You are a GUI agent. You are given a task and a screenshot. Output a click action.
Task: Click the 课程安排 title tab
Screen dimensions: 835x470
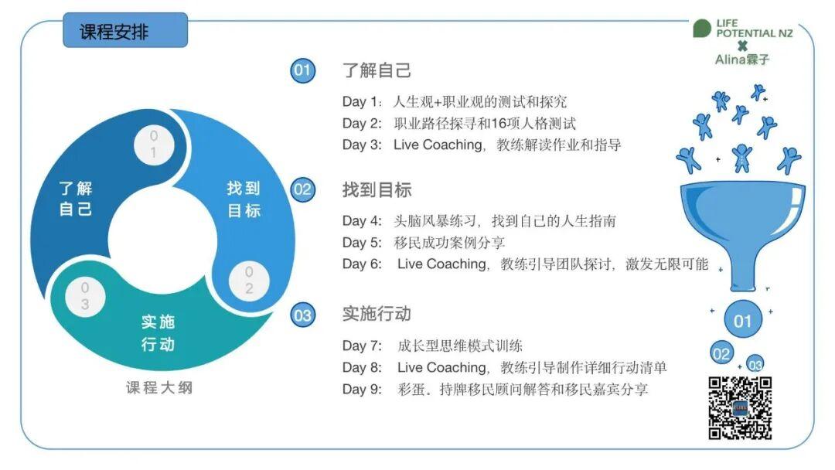pos(125,30)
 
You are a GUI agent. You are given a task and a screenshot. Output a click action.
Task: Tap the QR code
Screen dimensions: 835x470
pos(740,408)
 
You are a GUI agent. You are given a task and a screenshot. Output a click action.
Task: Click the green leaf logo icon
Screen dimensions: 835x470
pos(702,28)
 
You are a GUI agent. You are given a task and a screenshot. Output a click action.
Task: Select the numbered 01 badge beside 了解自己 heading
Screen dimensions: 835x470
pos(302,70)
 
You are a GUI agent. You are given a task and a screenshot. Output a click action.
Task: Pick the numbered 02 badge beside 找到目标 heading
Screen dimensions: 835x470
pos(302,189)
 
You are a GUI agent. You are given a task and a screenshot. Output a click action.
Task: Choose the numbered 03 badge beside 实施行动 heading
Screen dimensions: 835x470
pos(302,315)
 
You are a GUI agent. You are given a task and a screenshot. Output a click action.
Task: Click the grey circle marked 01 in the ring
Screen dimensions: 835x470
pos(153,145)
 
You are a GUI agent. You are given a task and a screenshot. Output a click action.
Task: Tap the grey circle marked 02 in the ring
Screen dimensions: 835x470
pos(249,281)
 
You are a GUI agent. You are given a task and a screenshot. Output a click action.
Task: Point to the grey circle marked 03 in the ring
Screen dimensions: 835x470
pos(85,297)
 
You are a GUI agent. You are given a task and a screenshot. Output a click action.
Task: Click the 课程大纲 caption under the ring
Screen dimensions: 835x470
pos(159,387)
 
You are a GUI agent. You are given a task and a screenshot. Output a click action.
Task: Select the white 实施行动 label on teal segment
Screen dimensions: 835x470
pos(158,333)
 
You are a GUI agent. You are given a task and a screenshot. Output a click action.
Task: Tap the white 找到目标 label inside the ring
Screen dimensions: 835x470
pos(244,199)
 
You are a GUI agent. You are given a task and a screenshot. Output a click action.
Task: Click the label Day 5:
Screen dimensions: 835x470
pos(362,243)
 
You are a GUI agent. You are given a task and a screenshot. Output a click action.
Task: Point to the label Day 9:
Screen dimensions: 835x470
pos(362,389)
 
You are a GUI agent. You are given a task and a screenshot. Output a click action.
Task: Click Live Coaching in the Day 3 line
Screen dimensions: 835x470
pos(438,145)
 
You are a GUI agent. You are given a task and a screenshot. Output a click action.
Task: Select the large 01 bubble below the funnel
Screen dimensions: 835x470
pos(743,321)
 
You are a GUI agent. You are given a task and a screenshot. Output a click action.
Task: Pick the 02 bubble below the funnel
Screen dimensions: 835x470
pos(721,354)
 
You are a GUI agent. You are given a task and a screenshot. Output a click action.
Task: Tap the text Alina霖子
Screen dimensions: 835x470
pos(741,59)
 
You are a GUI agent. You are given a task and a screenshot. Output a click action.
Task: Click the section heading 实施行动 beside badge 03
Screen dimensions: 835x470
pos(377,314)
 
